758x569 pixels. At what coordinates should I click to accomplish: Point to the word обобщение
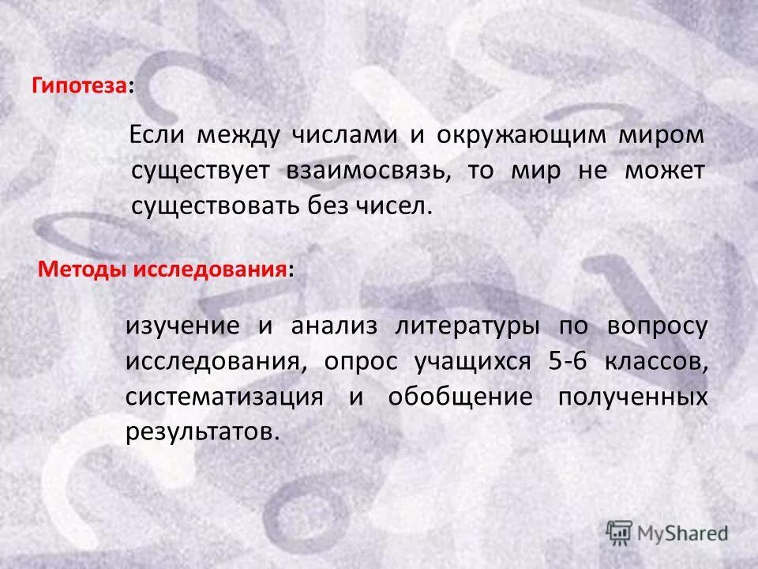point(460,397)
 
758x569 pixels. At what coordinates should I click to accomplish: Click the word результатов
point(202,432)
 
